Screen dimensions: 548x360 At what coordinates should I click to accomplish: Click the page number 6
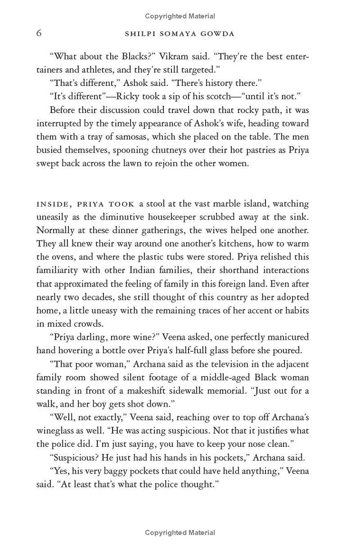(39, 33)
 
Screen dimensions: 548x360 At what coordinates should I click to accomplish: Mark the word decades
(107, 297)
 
